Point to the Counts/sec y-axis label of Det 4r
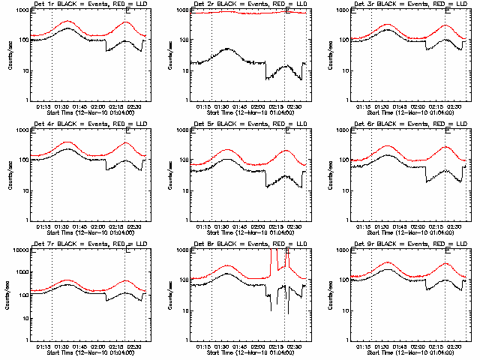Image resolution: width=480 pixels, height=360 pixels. coord(10,174)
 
